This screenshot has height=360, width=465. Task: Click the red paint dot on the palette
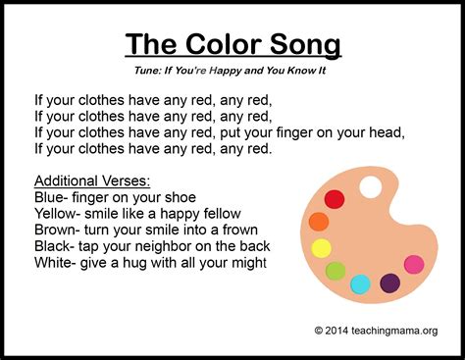(x=335, y=199)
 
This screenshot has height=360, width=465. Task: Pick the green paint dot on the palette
(x=336, y=271)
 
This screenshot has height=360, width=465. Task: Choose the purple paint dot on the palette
(x=389, y=283)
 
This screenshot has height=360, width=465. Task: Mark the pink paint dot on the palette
(x=414, y=264)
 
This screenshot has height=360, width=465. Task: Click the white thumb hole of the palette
(x=372, y=185)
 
